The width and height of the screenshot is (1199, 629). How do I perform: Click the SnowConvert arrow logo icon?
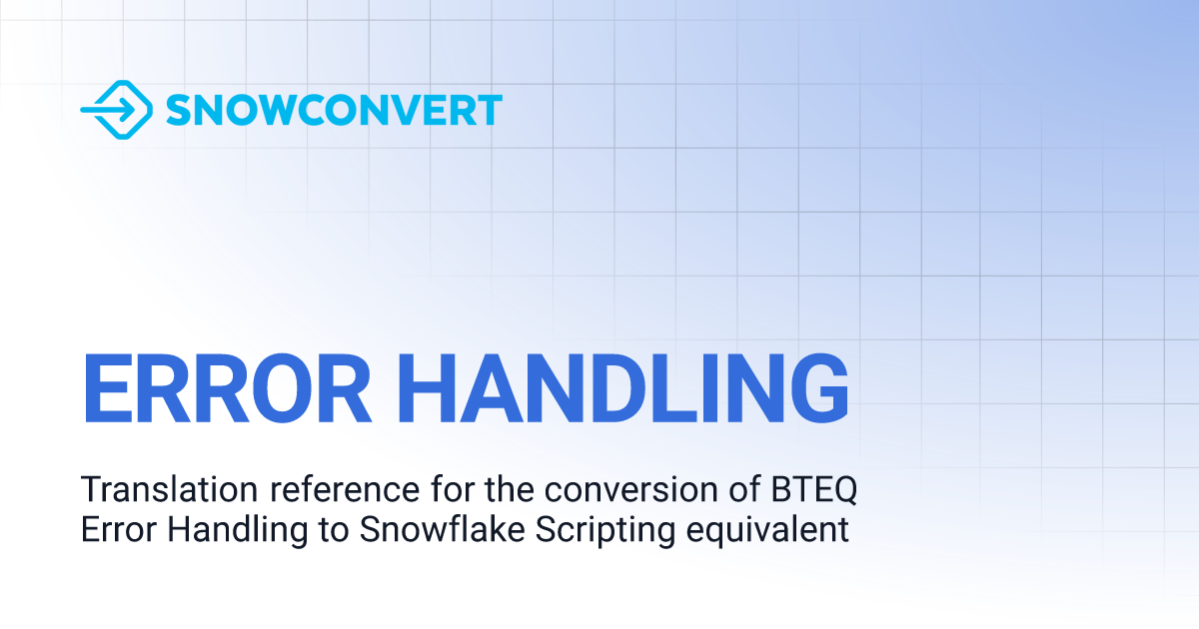(x=117, y=110)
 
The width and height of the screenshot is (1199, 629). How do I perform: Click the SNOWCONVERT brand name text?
(x=334, y=110)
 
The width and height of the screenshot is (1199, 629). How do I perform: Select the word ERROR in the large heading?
(x=227, y=388)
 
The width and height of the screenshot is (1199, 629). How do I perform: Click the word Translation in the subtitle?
(x=170, y=489)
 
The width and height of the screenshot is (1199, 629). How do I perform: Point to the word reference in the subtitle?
(x=345, y=489)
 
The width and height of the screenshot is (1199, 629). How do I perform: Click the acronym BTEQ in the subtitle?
(x=814, y=490)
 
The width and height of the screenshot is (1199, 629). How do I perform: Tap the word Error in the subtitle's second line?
(x=118, y=529)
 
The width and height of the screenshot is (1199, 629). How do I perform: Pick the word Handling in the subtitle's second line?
(x=238, y=531)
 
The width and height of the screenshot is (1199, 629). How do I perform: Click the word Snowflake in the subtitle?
(x=442, y=529)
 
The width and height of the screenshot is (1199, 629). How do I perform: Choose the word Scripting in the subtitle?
(x=604, y=531)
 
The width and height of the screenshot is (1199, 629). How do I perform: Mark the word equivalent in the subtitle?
(x=767, y=531)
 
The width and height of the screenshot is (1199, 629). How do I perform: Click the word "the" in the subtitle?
(x=509, y=489)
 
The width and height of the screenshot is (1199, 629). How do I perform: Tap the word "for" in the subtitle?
(x=453, y=489)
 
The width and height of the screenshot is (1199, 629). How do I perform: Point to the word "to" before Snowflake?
(x=334, y=530)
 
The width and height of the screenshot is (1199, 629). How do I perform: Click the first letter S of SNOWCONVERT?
(x=179, y=110)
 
